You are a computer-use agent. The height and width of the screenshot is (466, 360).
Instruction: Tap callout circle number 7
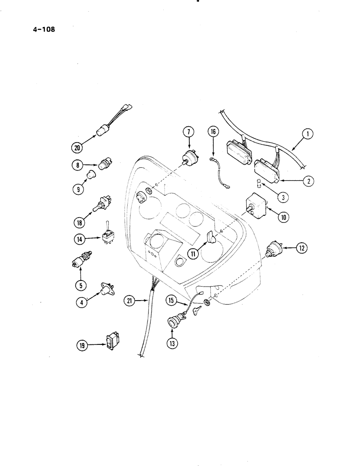pyautogui.click(x=188, y=132)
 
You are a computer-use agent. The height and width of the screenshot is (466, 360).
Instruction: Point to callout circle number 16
pyautogui.click(x=213, y=132)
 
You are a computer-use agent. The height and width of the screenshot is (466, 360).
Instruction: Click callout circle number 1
pyautogui.click(x=307, y=135)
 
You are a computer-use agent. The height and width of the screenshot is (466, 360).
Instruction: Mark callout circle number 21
pyautogui.click(x=131, y=302)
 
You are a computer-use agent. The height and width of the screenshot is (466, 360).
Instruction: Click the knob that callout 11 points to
pyautogui.click(x=210, y=239)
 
